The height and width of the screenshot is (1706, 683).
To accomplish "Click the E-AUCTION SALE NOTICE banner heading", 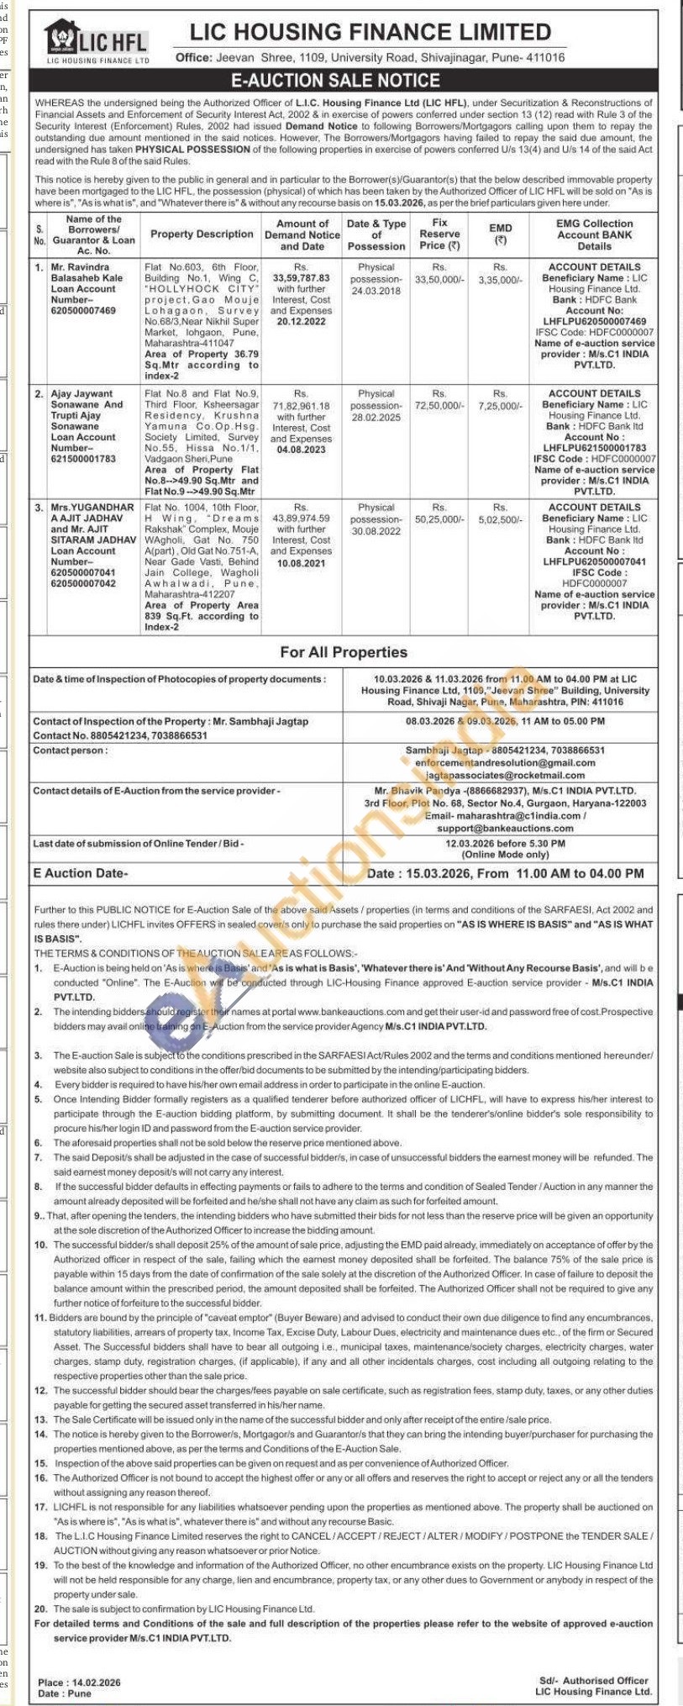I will (336, 81).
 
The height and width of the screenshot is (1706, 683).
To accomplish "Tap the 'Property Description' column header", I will (202, 234).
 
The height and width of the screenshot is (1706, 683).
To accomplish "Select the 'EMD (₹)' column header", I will (500, 234).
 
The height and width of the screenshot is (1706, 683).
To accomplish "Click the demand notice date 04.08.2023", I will (302, 450).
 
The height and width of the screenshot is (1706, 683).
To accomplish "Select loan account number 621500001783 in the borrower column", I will (83, 459).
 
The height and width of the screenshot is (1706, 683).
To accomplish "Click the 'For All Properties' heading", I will (344, 652).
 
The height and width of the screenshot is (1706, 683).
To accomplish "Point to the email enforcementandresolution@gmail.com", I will (505, 763).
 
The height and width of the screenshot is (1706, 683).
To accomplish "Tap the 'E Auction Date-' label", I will (81, 873).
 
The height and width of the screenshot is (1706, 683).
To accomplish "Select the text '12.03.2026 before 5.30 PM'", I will (505, 843).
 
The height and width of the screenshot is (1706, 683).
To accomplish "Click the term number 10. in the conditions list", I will (40, 1245).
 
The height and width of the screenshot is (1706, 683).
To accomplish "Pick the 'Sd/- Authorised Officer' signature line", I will (593, 1680).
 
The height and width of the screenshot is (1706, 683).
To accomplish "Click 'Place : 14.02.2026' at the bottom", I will (79, 1682).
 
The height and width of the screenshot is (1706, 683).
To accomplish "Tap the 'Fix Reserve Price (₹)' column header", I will (439, 234).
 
